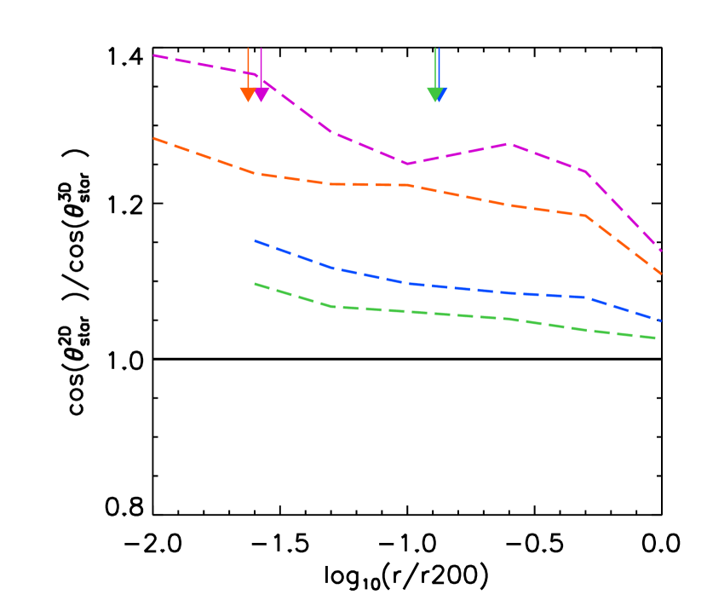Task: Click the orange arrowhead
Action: [248, 94]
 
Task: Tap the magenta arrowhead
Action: [262, 95]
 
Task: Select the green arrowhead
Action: [434, 95]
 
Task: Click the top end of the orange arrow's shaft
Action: [248, 49]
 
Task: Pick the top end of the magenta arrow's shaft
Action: [261, 49]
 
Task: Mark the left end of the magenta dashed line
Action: [154, 55]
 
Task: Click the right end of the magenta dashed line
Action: [661, 251]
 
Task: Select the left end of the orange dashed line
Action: [154, 138]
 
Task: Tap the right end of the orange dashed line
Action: [661, 274]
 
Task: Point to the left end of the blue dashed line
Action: [255, 240]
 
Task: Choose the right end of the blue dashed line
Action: [661, 320]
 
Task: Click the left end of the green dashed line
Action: [255, 284]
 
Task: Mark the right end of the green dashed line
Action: [656, 338]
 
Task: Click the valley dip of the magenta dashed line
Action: [407, 164]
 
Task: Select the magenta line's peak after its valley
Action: [509, 144]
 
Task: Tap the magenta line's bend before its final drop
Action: [586, 171]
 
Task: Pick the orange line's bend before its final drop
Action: [586, 216]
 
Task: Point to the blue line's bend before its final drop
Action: [583, 297]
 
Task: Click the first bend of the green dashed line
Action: [332, 306]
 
